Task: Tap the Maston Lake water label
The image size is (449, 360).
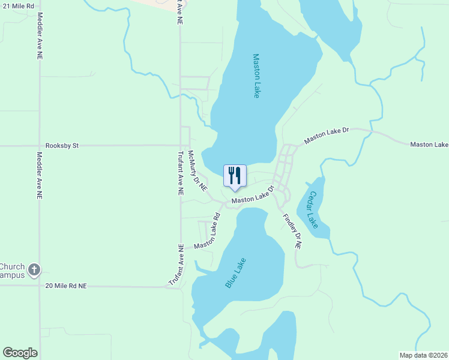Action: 256,76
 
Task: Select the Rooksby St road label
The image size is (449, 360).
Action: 62,145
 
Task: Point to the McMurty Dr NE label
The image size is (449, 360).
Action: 197,170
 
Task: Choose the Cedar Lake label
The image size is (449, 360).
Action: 312,209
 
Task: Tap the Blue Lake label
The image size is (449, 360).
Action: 236,273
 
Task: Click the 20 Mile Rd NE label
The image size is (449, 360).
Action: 66,286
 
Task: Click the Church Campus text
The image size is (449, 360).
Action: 12,271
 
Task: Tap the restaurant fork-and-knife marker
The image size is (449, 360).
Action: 234,175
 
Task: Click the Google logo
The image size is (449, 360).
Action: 20,353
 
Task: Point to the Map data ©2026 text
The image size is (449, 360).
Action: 423,355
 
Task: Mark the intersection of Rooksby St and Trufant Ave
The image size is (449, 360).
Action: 180,145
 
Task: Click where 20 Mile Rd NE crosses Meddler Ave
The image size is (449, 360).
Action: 40,286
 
